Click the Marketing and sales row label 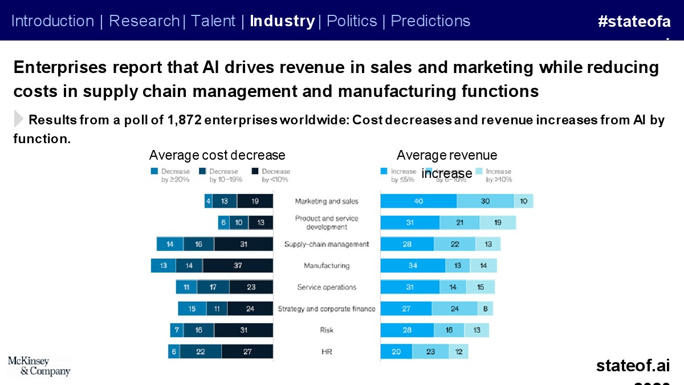coord(327,201)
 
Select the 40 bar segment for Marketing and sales coord(418,201)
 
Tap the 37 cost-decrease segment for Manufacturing coord(238,266)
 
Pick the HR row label coord(327,352)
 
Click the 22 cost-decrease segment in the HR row coord(201,352)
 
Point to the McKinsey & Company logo coord(39,366)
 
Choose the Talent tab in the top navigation coord(213,21)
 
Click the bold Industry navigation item coord(282,21)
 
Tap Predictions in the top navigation coord(430,21)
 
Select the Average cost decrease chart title coord(217,155)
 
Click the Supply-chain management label coord(327,244)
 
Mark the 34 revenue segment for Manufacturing coord(413,266)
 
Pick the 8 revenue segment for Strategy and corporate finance coord(485,309)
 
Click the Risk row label coord(327,330)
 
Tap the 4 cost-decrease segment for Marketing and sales coord(209,201)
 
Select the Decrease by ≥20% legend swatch coord(154,171)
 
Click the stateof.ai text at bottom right coord(633,366)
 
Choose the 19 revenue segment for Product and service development coord(497,222)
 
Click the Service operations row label coord(327,287)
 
